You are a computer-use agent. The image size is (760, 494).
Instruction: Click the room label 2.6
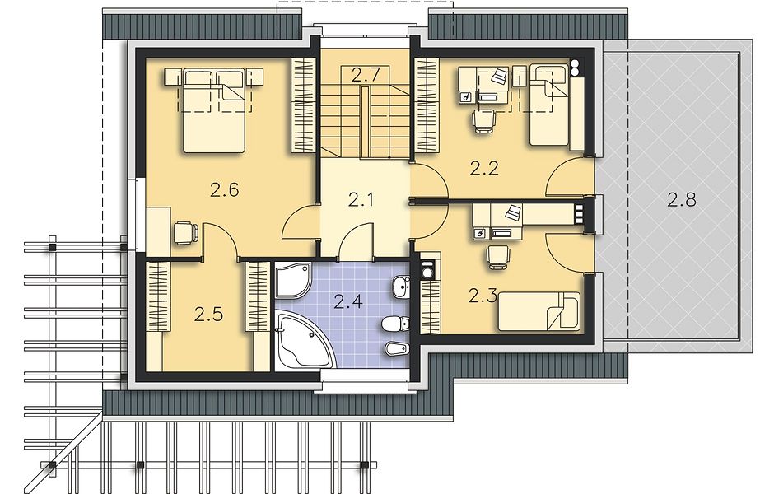pos(225,189)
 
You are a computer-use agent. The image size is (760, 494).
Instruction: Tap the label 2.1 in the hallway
pos(361,199)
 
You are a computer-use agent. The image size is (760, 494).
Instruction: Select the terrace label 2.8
pos(682,199)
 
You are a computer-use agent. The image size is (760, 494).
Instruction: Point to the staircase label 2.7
pos(364,75)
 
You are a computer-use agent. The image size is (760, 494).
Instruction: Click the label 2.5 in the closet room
pos(208,315)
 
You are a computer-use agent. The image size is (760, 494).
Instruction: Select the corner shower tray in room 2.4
pos(293,280)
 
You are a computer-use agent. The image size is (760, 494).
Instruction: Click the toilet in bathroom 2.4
pos(395,324)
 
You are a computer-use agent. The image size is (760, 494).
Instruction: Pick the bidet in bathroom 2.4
pos(397,348)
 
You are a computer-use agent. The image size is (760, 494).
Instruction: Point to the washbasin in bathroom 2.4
pos(400,287)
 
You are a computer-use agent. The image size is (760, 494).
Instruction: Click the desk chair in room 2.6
pos(185,232)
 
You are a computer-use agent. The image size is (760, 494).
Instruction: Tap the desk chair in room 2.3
pos(498,256)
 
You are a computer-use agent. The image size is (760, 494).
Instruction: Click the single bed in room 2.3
pos(539,310)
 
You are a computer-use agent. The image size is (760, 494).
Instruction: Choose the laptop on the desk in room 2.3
pos(513,212)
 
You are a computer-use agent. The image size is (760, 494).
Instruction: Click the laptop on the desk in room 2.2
pos(500,76)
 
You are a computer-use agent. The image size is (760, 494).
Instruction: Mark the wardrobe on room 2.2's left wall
pos(427,105)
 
